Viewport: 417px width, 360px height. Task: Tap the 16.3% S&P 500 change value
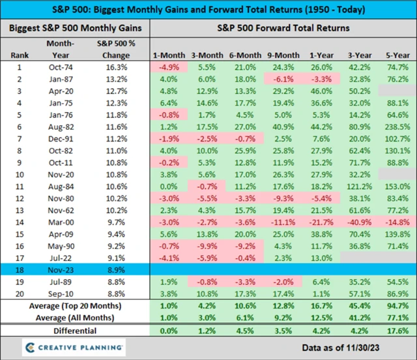[x=119, y=66]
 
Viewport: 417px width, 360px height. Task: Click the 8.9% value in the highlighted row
[x=119, y=268]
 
